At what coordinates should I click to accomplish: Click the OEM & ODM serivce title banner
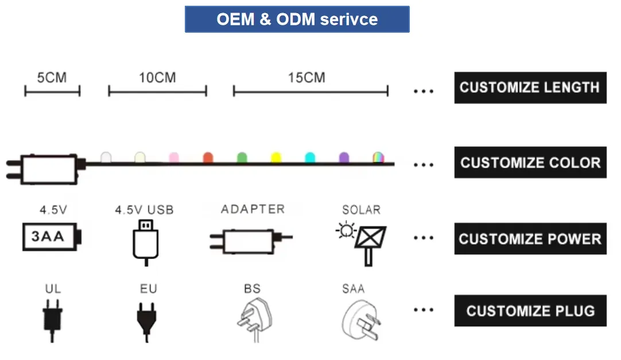(297, 19)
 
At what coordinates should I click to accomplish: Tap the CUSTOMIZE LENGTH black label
(530, 87)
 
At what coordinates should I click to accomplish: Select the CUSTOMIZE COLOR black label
(530, 162)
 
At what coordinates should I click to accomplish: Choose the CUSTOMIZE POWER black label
(530, 238)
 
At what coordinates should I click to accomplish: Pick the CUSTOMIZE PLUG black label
(530, 311)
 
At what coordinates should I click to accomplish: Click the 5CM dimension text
(52, 78)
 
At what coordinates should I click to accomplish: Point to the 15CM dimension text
(306, 78)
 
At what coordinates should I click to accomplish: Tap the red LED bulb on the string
(208, 157)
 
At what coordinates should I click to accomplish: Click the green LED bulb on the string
(242, 157)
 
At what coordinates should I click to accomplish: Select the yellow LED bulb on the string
(276, 157)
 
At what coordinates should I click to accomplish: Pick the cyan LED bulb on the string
(310, 157)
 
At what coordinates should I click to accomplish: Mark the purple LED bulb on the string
(344, 157)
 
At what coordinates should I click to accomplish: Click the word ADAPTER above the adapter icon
(253, 209)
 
